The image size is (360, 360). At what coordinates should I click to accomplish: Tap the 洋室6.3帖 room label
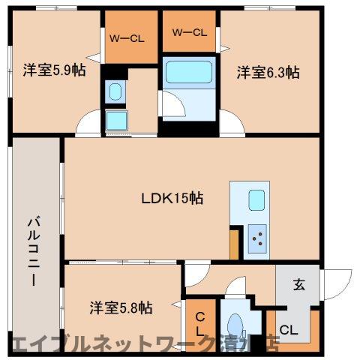pos(268,73)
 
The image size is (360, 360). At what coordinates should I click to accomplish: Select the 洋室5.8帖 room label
pos(121,307)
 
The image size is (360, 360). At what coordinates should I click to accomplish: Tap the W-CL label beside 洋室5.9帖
pos(125,37)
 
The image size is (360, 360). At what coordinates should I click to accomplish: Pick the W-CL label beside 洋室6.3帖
pos(188,32)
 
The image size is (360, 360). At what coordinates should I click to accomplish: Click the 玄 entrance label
pos(298,284)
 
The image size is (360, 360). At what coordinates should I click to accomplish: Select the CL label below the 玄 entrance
pos(288,328)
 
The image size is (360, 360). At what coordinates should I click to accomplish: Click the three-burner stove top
pos(256,238)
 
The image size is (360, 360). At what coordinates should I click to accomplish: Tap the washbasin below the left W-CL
pos(115,91)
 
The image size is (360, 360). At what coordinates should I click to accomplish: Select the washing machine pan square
pos(116,119)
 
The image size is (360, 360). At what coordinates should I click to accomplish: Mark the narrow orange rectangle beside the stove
pos(234,243)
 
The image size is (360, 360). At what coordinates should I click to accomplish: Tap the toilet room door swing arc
pos(238,288)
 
